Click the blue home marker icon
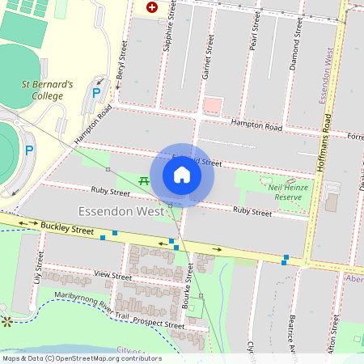[x=182, y=174]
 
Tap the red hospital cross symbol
[x=151, y=7]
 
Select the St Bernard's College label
[x=48, y=90]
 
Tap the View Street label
[x=112, y=276]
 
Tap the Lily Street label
[x=38, y=266]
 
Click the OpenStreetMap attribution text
[x=81, y=358]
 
